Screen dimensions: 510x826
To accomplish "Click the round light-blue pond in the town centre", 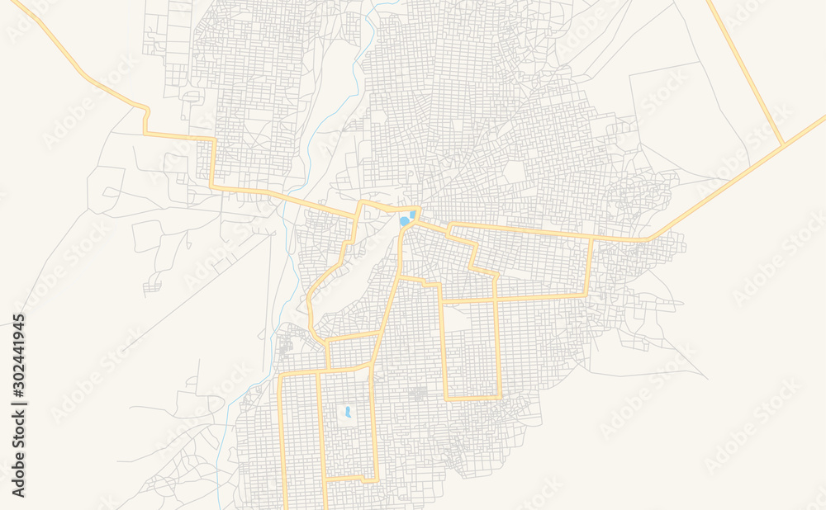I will [404, 221].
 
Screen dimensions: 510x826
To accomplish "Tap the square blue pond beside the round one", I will [413, 215].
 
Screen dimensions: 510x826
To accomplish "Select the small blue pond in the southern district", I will [348, 410].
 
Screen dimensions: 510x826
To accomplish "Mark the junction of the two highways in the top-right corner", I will [782, 146].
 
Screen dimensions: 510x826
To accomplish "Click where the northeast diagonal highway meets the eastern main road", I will [647, 239].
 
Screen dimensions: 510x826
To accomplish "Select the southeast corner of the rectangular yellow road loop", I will [500, 398].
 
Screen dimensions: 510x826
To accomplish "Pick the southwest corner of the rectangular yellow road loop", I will [447, 399].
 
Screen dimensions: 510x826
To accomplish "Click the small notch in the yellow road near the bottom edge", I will [325, 479].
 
